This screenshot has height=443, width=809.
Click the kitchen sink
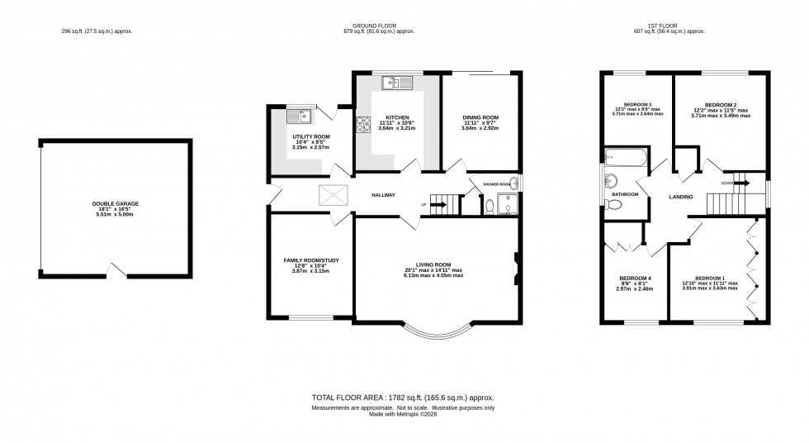pos(397,83)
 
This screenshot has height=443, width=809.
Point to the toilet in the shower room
pos(490,207)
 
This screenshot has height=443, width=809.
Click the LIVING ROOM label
pos(433,264)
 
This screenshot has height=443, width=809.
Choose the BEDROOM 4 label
pos(636,278)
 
